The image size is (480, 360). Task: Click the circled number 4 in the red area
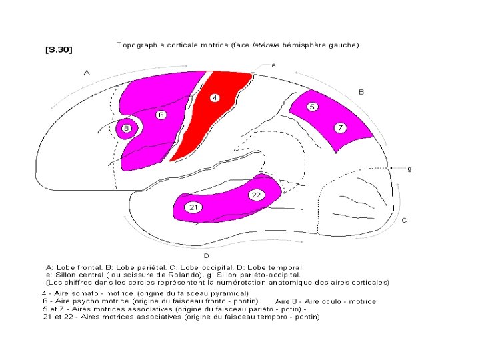tap(215, 98)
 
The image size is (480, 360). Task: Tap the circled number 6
tap(161, 115)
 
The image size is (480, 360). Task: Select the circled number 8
tap(126, 128)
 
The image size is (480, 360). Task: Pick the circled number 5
tap(312, 107)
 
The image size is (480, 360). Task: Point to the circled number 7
tap(340, 127)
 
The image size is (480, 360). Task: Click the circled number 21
tap(193, 207)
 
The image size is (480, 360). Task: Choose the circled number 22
tap(255, 195)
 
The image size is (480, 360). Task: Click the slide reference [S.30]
tap(59, 50)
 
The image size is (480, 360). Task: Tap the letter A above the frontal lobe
tap(86, 72)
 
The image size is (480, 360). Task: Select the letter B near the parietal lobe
tap(361, 92)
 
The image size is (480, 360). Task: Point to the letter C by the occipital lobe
tap(404, 219)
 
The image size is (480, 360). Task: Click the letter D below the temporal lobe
tap(206, 255)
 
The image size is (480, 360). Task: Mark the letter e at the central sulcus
tap(274, 65)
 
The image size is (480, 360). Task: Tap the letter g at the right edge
tap(409, 169)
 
